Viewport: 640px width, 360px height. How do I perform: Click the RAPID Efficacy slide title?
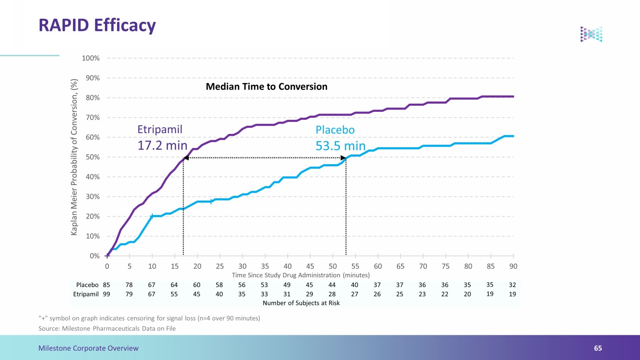97,26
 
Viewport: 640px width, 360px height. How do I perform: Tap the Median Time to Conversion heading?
267,87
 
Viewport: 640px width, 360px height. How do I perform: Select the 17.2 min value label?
162,145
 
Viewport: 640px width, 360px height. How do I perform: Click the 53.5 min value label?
340,146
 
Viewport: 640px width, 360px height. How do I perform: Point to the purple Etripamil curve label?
160,129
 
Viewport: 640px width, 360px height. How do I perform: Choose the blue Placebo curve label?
335,130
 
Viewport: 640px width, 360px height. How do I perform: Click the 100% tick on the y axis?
90,58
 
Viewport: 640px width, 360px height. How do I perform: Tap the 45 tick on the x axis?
310,266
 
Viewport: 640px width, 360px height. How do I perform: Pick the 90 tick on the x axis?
513,266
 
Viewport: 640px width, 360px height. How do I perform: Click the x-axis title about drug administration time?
300,275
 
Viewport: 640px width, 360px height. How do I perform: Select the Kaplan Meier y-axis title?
74,157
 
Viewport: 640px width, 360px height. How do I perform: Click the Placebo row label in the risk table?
87,285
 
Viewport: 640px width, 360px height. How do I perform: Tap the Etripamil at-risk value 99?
107,294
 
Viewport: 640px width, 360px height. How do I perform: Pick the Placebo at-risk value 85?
107,285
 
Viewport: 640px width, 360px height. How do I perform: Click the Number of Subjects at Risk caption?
301,303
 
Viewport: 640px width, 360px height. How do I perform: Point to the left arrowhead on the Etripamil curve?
186,158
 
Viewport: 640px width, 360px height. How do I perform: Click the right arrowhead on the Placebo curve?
343,158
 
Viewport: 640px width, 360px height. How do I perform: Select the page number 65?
598,348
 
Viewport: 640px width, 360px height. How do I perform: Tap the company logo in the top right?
591,34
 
